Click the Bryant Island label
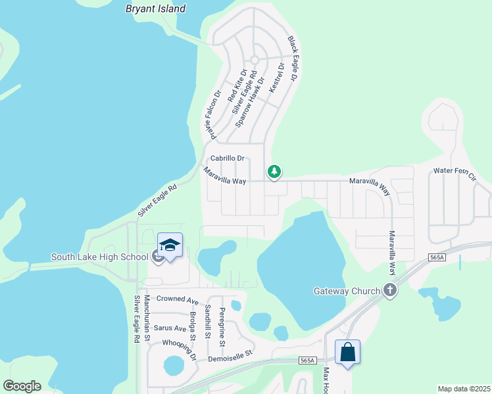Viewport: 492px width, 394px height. coord(155,9)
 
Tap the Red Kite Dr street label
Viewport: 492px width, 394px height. coord(237,85)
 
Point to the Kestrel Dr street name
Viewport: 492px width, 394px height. coord(276,77)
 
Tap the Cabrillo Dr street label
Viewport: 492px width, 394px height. coord(228,158)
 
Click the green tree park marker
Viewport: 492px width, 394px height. coord(274,172)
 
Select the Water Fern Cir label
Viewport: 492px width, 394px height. coord(455,172)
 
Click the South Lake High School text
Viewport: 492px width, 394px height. coord(99,257)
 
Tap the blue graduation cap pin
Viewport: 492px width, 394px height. coord(170,246)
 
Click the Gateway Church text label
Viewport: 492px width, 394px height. coord(347,291)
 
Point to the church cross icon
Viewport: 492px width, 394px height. coord(390,290)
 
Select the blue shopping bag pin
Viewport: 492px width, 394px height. coord(347,352)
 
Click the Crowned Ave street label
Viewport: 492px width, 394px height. coord(178,299)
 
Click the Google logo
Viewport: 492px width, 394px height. coord(22,385)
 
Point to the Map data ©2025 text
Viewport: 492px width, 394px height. coord(464,389)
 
